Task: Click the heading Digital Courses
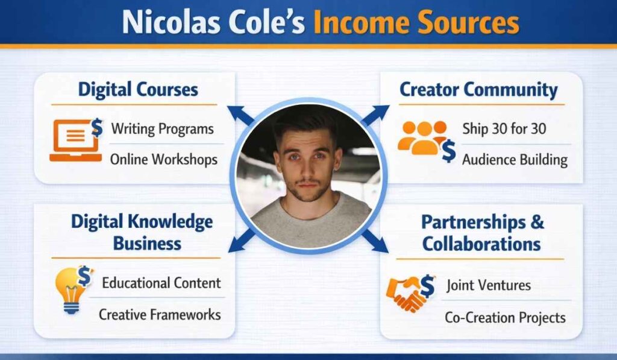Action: [x=138, y=90]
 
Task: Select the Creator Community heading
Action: [x=478, y=90]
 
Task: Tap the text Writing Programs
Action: [x=162, y=128]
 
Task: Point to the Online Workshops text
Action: [x=163, y=159]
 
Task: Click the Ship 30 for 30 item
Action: [x=504, y=128]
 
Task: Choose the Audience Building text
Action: [x=515, y=159]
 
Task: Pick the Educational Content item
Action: [x=161, y=283]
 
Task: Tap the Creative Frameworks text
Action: [x=160, y=314]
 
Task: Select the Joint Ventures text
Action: [x=488, y=285]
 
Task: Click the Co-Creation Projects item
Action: [x=505, y=317]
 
